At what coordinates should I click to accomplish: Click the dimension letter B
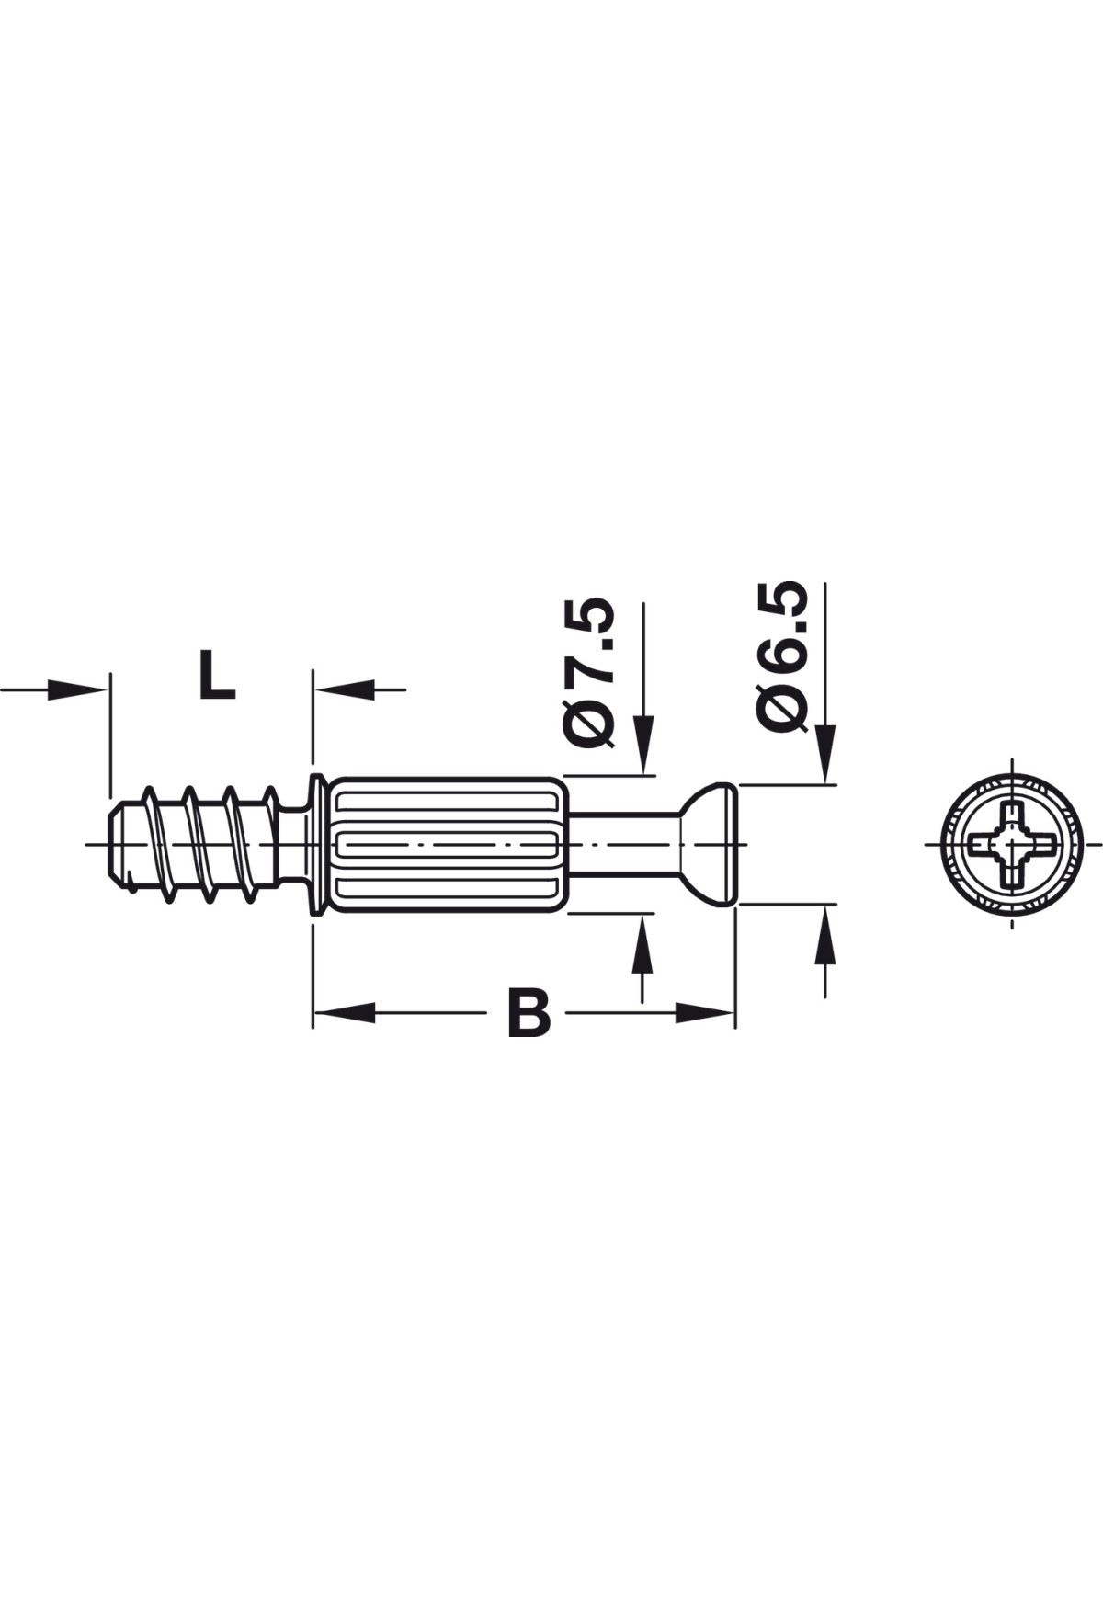(x=529, y=1012)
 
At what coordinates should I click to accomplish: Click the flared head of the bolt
(x=708, y=844)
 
